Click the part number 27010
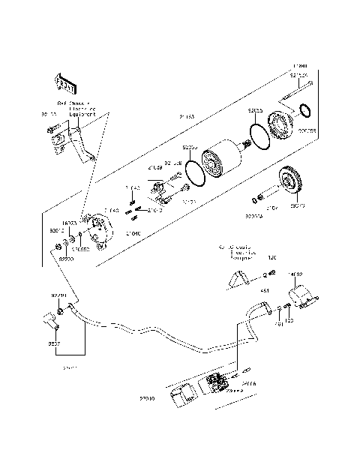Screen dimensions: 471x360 (x=147, y=400)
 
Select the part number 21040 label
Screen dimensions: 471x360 (x=133, y=234)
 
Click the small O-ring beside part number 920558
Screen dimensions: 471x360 (x=304, y=112)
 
